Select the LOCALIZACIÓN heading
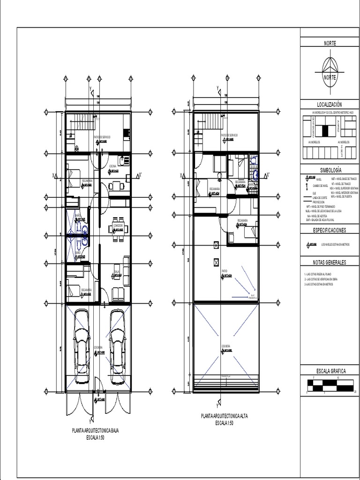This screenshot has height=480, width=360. click(330, 105)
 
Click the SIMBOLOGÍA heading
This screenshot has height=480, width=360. click(330, 170)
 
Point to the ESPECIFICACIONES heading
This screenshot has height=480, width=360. click(330, 230)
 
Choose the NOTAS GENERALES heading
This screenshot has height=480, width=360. click(330, 262)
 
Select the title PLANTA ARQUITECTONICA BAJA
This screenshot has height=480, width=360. click(95, 430)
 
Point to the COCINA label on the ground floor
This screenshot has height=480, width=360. click(113, 166)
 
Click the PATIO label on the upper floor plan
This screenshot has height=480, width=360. click(225, 271)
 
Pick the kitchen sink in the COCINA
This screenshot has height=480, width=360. click(123, 161)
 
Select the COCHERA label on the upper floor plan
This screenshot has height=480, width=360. click(226, 346)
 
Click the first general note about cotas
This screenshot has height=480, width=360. click(321, 274)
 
